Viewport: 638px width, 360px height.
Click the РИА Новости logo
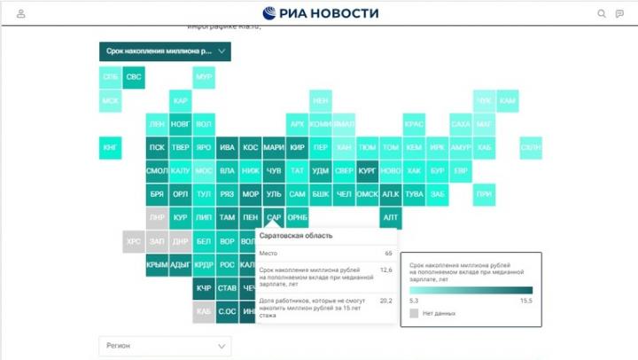(320, 13)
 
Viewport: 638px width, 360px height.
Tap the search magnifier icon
(602, 13)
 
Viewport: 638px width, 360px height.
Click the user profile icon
(21, 13)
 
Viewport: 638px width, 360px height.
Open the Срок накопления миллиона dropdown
(165, 52)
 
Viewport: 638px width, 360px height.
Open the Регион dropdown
(165, 346)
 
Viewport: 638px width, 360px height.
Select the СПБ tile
(111, 78)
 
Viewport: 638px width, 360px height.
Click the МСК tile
(111, 101)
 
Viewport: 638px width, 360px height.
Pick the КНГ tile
(111, 148)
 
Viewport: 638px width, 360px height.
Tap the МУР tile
(204, 78)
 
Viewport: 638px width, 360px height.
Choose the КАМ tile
(508, 101)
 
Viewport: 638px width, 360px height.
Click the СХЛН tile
(531, 148)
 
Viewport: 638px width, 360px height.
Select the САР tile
(274, 217)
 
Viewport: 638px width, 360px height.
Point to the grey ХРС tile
(134, 241)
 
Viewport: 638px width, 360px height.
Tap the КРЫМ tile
(157, 264)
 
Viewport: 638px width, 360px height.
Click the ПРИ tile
(484, 194)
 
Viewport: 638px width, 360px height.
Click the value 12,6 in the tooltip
(385, 270)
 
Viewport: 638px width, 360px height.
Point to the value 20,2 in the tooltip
(385, 300)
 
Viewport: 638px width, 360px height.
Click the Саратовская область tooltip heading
(296, 236)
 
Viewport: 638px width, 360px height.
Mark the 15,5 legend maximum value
(526, 301)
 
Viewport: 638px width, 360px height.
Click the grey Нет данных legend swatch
(414, 313)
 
